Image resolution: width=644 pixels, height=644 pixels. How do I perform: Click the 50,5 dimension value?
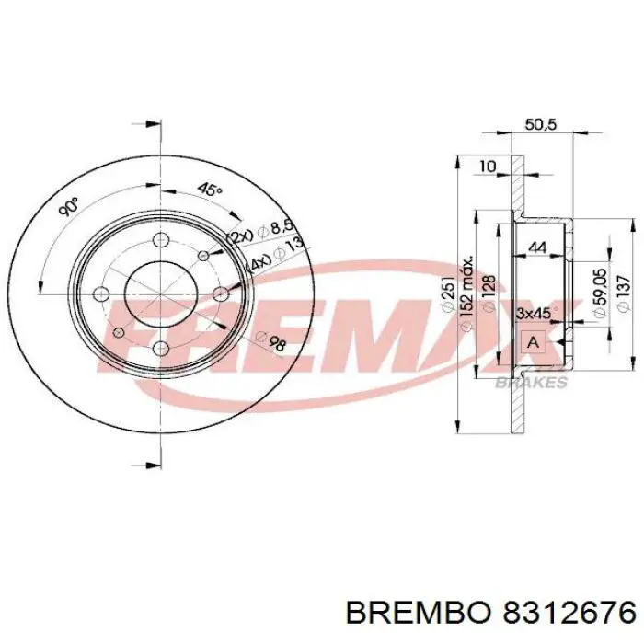(x=540, y=125)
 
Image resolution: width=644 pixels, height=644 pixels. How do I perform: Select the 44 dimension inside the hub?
(x=537, y=247)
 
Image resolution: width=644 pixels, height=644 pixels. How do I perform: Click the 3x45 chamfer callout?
(x=533, y=314)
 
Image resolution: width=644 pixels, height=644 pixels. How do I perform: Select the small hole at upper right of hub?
(x=204, y=252)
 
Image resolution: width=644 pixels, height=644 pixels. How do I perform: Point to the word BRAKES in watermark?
(x=531, y=383)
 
